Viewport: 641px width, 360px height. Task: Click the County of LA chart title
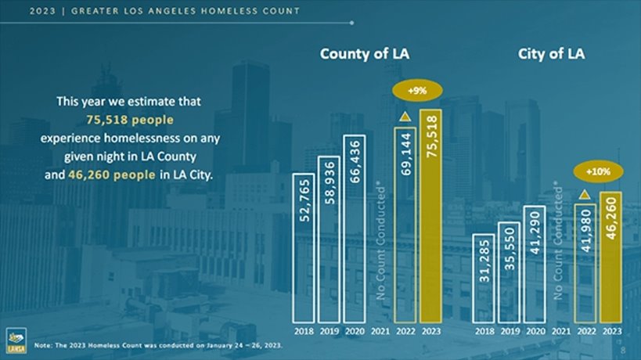pyautogui.click(x=364, y=54)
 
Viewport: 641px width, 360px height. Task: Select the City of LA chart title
pyautogui.click(x=551, y=54)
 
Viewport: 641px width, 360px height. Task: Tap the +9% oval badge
pyautogui.click(x=418, y=91)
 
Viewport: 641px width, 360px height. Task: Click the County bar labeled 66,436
pyautogui.click(x=354, y=228)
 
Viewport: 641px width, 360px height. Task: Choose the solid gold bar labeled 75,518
pyautogui.click(x=430, y=215)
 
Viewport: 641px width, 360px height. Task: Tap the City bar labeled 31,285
pyautogui.click(x=484, y=278)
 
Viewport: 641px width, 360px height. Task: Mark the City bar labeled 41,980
pyautogui.click(x=585, y=262)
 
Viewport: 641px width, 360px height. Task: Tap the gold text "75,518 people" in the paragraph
pyautogui.click(x=130, y=120)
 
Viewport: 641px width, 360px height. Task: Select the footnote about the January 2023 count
pyautogui.click(x=159, y=344)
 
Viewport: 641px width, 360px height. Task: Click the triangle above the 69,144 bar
pyautogui.click(x=405, y=117)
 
